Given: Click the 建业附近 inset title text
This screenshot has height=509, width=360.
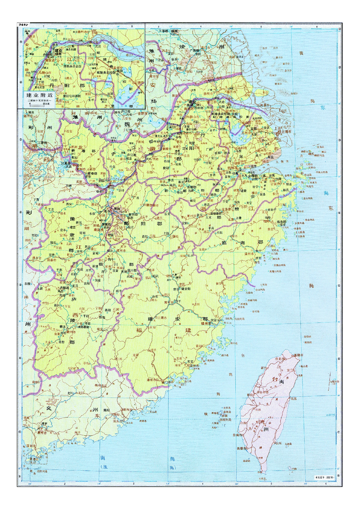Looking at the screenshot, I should tap(40, 95).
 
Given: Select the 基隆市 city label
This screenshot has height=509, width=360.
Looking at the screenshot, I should tap(298, 355).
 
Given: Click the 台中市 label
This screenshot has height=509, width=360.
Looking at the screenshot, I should tap(263, 392).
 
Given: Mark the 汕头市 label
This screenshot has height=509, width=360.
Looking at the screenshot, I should tap(117, 421).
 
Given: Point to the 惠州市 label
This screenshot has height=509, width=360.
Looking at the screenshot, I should tap(41, 433).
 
